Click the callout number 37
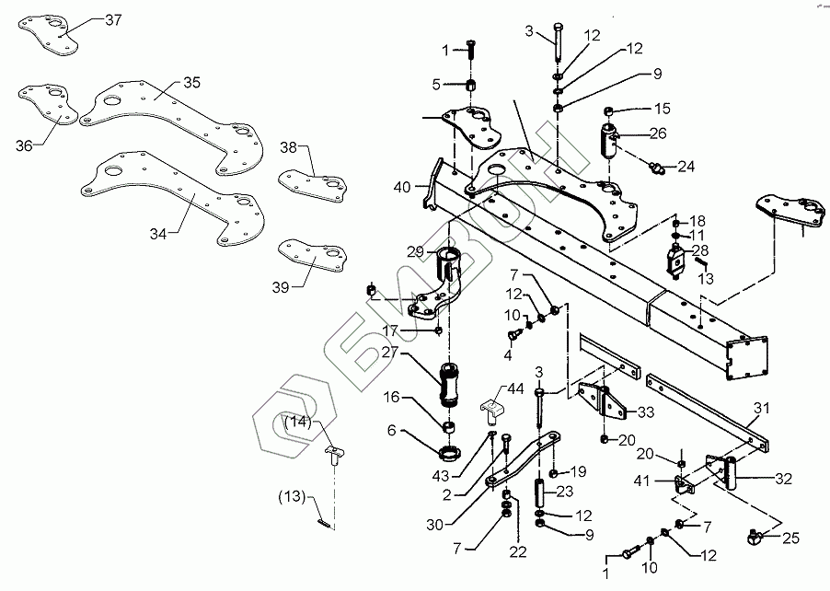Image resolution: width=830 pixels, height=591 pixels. point(113,20)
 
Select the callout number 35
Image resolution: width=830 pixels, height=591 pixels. point(192,83)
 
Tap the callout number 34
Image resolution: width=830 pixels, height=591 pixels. point(158,234)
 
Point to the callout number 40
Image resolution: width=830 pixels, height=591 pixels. point(402,187)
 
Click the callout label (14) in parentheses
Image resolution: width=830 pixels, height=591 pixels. point(298,423)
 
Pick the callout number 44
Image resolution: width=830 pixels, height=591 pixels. point(515,389)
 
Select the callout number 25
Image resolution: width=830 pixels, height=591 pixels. point(790,539)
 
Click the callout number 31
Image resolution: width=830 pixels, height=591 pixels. point(762,409)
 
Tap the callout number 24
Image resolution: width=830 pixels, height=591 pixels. point(686,167)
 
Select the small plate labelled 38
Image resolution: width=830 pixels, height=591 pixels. point(314,186)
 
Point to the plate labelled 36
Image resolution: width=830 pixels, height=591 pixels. point(49,104)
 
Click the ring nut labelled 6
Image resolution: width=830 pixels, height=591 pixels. point(449,453)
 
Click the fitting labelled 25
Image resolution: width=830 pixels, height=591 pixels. point(754,537)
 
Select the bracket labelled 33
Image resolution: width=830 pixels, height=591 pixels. point(603,405)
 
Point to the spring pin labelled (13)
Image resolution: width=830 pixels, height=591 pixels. point(323,523)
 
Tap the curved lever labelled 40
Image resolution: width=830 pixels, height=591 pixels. point(433,183)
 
